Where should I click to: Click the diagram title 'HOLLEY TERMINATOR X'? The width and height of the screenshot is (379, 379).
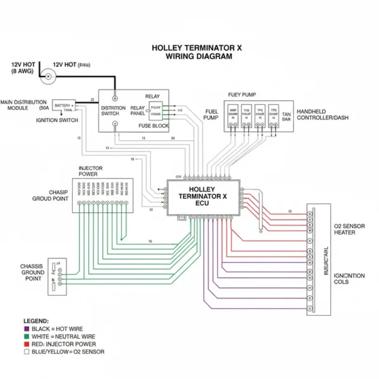point(196,48)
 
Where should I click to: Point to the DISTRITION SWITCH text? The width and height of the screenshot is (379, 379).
point(114,111)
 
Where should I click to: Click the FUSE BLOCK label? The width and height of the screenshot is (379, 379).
point(153,126)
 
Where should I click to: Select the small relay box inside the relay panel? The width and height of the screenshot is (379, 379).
point(155,110)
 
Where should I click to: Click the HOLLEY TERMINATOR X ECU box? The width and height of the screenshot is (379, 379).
point(203,196)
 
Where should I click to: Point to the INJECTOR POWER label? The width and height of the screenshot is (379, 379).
point(91,171)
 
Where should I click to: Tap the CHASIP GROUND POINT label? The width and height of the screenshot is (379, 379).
point(50,195)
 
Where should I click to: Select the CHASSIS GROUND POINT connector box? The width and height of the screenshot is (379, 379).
point(57,276)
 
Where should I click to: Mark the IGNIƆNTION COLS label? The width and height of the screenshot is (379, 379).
point(349,279)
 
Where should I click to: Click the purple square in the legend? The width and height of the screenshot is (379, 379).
point(26,329)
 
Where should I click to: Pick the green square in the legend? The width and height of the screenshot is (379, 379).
point(26,337)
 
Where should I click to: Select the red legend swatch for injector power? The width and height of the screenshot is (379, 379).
point(26,344)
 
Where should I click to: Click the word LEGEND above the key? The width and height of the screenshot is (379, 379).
point(37,321)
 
